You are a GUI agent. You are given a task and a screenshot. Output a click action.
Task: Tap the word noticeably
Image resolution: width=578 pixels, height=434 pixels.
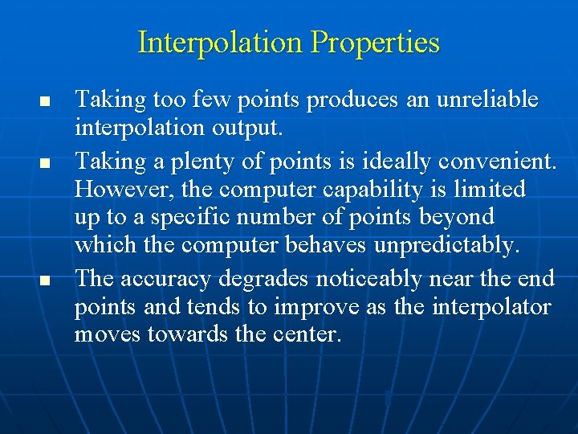[379, 278]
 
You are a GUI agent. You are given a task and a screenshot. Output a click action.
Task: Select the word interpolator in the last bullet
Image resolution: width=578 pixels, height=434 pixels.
[492, 307]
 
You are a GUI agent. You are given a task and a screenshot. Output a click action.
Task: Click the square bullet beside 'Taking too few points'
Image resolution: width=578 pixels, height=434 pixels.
[45, 103]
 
